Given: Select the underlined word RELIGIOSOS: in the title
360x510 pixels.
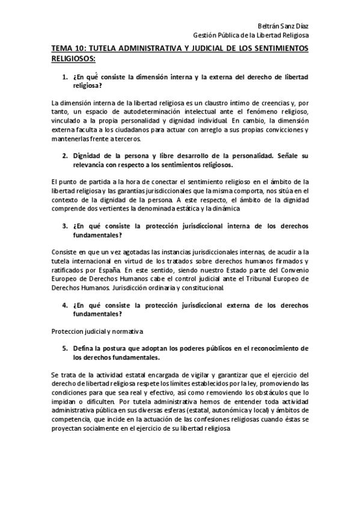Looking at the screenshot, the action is coord(73,60).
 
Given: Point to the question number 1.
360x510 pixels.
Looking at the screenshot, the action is coord(65,78).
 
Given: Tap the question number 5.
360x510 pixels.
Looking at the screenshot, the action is coord(65,349).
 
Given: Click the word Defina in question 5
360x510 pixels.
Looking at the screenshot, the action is coord(84,349).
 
